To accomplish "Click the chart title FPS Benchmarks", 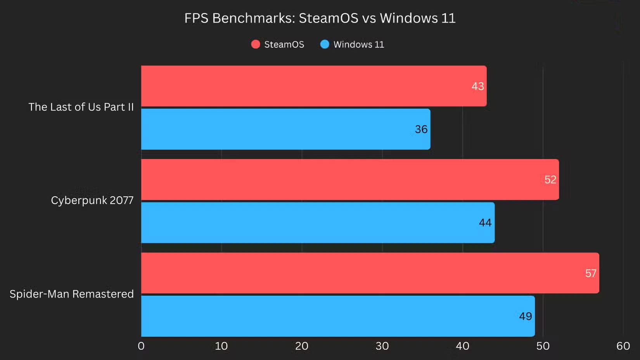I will (320, 18).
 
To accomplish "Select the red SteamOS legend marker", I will (255, 44).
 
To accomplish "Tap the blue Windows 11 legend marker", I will (325, 44).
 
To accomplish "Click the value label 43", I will (477, 86).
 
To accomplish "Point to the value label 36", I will (421, 129).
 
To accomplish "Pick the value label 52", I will (550, 180).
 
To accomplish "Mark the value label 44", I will (485, 223).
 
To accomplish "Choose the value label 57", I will (590, 273).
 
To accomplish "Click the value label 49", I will (525, 316).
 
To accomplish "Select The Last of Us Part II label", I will (81, 107).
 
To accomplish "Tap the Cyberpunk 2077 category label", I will (92, 201).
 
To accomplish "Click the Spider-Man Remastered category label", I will (72, 294).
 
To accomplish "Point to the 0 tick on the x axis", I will (141, 346).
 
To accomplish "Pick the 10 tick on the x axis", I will (221, 346).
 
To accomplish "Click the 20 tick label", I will (302, 346).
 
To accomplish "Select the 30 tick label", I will (382, 346).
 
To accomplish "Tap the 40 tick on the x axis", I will (462, 346).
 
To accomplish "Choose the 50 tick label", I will (543, 346).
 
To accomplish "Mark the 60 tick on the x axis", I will (623, 346).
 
